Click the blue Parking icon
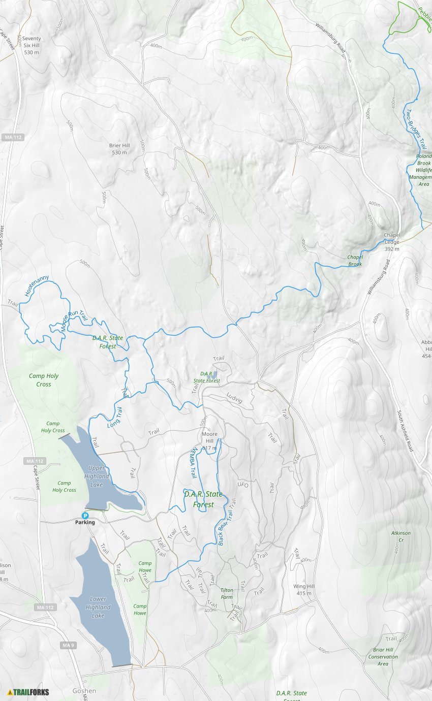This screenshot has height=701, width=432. (85, 515)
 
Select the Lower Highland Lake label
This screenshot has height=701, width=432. (98, 607)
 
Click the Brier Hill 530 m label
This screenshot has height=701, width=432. (119, 149)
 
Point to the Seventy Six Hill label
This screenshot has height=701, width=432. (32, 45)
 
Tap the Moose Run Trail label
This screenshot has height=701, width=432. (74, 321)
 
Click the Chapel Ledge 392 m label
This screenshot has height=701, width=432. (392, 242)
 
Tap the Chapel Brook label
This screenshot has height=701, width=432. (355, 260)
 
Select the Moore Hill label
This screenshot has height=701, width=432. (209, 437)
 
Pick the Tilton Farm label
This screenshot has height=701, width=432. (227, 593)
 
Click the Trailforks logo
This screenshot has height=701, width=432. (28, 692)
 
